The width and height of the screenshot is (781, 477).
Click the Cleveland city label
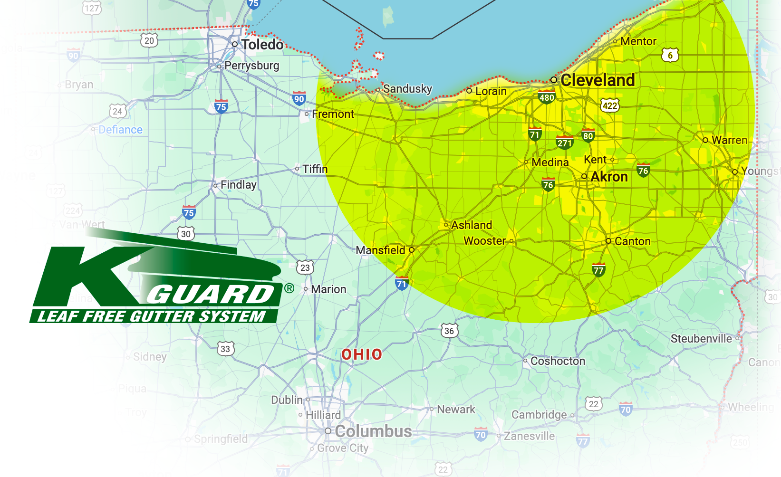(598, 80)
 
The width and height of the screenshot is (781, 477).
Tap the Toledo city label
(262, 45)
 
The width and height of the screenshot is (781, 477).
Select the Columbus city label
(373, 431)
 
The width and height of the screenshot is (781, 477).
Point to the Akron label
(609, 177)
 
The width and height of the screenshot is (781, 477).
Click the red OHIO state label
(362, 354)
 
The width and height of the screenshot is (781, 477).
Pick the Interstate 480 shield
(547, 97)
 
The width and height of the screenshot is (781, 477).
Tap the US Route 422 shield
(610, 105)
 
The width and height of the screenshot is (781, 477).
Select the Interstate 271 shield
(564, 143)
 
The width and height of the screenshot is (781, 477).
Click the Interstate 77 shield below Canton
(598, 270)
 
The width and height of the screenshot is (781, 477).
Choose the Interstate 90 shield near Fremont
(299, 99)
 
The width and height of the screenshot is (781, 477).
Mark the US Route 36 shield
(449, 331)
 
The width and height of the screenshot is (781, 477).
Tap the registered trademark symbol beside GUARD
(289, 288)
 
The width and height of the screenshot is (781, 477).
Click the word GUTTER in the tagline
(162, 316)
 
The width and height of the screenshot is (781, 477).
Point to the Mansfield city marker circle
(412, 250)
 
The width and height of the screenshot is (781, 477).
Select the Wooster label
(484, 241)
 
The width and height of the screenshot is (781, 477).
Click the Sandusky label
(407, 89)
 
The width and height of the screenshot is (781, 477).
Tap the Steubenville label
(701, 339)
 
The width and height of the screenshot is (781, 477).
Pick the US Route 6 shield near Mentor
(670, 55)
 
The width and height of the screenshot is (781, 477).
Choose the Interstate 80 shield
(588, 135)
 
